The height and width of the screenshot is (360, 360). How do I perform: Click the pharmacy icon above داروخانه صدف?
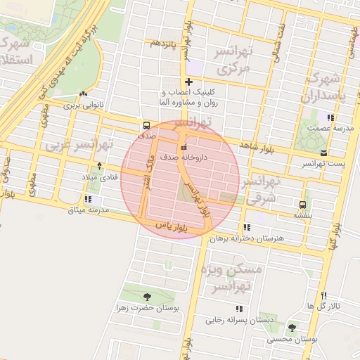tap(184, 148)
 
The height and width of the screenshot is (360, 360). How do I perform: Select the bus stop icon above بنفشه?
tap(302, 205)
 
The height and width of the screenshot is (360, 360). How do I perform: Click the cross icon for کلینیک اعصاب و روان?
tap(188, 82)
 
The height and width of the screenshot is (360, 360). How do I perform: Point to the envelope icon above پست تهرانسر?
tap(323, 153)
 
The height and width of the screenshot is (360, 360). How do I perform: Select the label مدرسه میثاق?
tap(89, 210)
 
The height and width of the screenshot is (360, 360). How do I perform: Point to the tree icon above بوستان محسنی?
tap(292, 328)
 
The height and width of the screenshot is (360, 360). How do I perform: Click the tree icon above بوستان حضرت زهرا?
tap(146, 297)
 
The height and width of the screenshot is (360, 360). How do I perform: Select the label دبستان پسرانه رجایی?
tap(239, 320)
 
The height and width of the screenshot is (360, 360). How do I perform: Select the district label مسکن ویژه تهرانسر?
tap(230, 278)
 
